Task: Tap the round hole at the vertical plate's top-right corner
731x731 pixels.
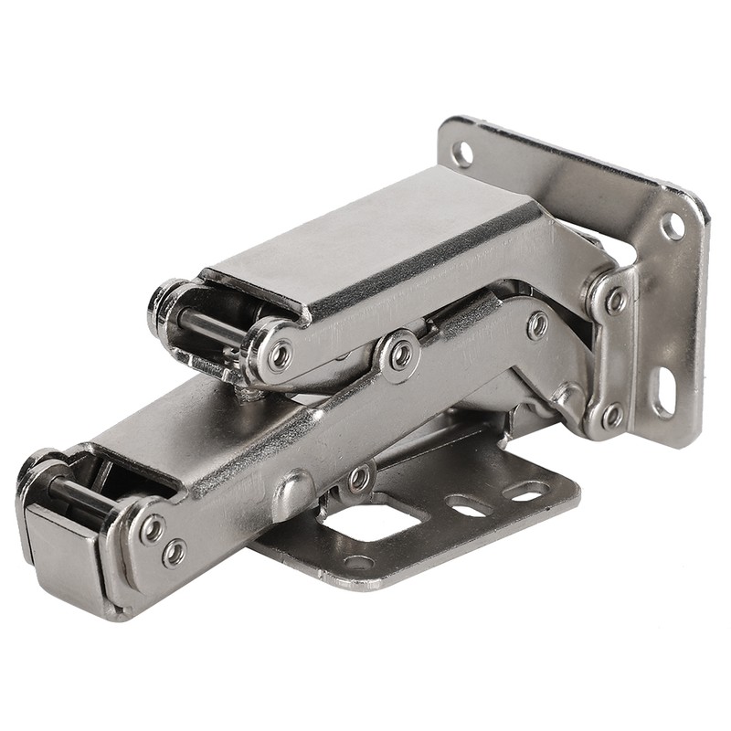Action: [x=673, y=225]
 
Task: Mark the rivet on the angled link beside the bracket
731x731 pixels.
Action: [x=538, y=324]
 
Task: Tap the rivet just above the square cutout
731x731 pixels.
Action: [x=360, y=478]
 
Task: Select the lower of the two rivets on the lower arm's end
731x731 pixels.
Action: [x=173, y=553]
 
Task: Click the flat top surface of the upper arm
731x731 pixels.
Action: [x=365, y=238]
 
